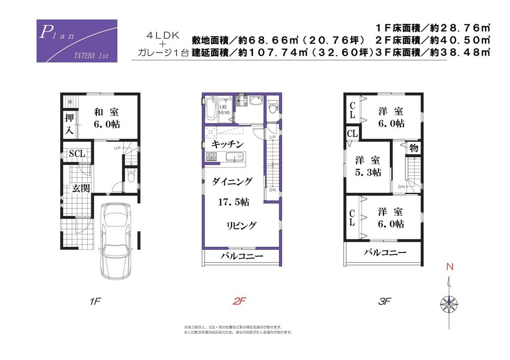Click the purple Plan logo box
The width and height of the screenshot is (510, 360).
(77, 41)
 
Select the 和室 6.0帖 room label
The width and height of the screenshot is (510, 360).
(107, 118)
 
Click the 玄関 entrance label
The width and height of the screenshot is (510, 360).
(80, 188)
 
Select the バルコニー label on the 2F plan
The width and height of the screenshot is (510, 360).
(242, 256)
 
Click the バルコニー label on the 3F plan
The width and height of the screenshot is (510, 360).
(385, 252)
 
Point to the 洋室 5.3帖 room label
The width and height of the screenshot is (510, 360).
(368, 166)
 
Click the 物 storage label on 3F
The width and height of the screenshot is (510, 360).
(413, 148)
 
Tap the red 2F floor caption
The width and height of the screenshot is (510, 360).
(239, 301)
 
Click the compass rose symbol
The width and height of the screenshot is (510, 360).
(448, 303)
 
